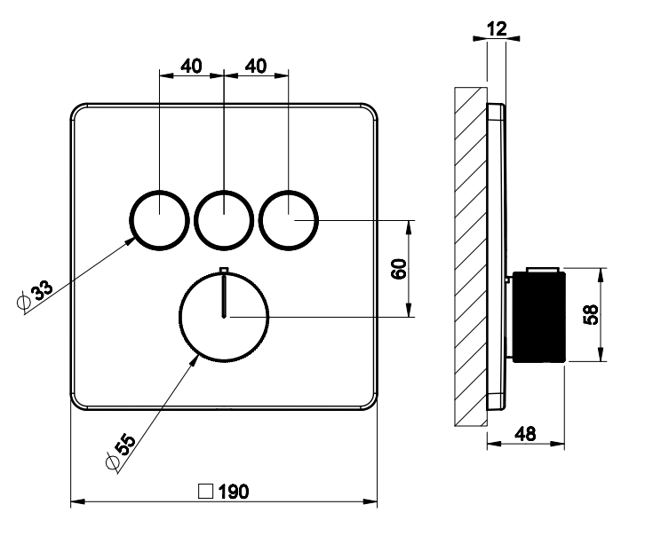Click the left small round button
tap(159, 217)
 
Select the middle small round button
tap(224, 217)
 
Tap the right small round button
tap(289, 217)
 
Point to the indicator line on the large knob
tap(224, 293)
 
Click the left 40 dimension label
tap(191, 67)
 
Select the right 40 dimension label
tap(257, 67)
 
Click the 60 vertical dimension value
tap(401, 268)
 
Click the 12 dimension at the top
tap(497, 30)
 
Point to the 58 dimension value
tap(593, 313)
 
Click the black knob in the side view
tap(538, 315)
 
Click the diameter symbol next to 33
tap(24, 302)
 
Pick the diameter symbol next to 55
tap(110, 461)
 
